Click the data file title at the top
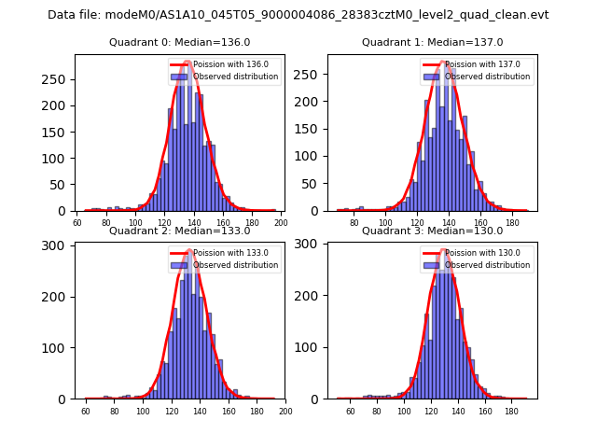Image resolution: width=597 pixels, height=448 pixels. pyautogui.click(x=298, y=15)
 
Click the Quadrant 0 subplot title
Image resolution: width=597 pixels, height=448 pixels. pyautogui.click(x=179, y=43)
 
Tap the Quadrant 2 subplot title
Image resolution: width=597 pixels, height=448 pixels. pyautogui.click(x=179, y=231)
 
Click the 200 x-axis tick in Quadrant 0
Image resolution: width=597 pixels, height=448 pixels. pyautogui.click(x=280, y=223)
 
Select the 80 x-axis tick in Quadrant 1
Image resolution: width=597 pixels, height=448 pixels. pyautogui.click(x=354, y=223)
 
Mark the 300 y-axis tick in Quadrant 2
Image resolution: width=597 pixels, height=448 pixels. pyautogui.click(x=58, y=245)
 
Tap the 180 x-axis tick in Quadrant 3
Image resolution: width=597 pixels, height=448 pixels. pyautogui.click(x=511, y=411)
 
